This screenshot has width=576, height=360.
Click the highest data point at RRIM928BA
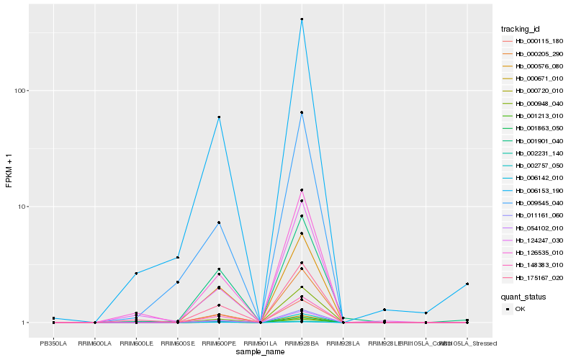(302, 19)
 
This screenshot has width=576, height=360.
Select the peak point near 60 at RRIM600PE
(219, 117)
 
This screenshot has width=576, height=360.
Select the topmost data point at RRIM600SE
(178, 258)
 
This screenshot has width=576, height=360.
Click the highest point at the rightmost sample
(467, 284)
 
